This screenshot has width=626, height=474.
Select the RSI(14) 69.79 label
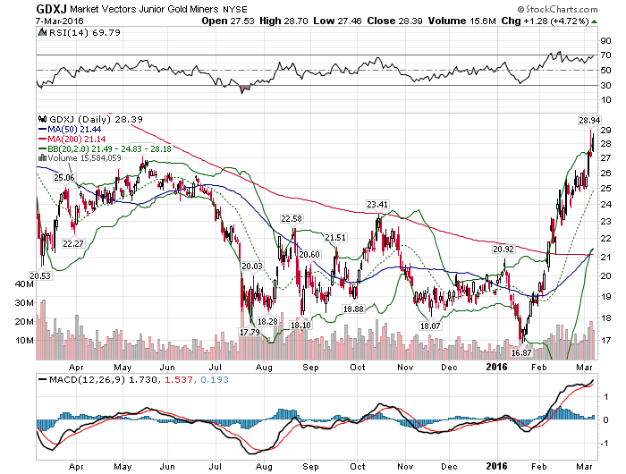(71, 35)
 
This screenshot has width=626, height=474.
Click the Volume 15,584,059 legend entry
(89, 157)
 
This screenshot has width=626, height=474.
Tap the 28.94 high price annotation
(588, 119)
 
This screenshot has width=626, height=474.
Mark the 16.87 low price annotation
(521, 352)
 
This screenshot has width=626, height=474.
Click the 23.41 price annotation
(378, 205)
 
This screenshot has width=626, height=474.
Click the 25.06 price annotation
(63, 178)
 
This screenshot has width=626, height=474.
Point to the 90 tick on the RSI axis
(606, 40)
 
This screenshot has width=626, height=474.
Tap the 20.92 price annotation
(503, 249)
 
